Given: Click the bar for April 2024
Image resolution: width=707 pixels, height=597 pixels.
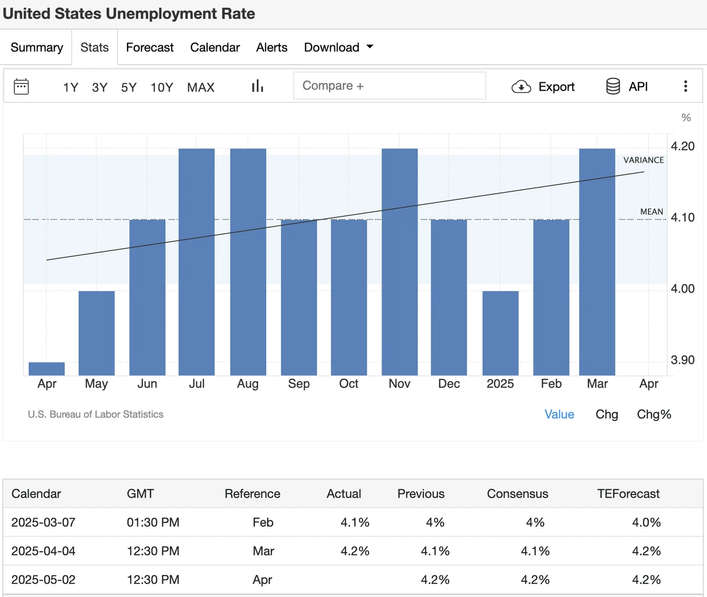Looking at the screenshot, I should click(x=47, y=369).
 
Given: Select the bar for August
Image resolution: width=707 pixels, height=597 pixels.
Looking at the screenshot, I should click(x=248, y=262).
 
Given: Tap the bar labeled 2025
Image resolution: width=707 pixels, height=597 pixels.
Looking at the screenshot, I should click(x=500, y=333).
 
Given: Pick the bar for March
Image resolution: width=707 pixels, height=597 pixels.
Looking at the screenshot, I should click(x=597, y=262).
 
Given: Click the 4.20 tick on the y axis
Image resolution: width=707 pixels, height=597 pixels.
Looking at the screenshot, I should click(x=682, y=146).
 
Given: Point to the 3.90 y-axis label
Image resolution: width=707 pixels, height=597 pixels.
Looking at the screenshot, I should click(x=682, y=360).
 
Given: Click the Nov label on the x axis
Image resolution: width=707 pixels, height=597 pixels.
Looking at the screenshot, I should click(x=399, y=384).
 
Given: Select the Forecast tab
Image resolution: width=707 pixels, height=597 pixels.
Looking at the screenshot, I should click(x=150, y=47).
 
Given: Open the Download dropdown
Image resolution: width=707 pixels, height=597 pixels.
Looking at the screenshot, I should click(x=338, y=47).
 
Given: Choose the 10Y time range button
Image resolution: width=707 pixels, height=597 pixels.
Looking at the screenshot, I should click(x=162, y=87).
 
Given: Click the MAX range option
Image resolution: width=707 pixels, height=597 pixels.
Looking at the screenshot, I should click(x=201, y=87).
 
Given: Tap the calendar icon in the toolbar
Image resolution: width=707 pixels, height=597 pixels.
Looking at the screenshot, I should click(x=22, y=87).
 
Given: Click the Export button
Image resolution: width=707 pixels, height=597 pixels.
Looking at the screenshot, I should click(x=544, y=87).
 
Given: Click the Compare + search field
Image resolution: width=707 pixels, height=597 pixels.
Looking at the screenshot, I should click(x=389, y=86).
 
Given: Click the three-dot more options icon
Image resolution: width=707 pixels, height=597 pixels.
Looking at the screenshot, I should click(x=685, y=86).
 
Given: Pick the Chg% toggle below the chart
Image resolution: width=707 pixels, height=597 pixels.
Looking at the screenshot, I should click(x=654, y=414).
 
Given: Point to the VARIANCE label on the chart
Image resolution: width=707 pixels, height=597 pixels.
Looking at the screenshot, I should click(x=643, y=160).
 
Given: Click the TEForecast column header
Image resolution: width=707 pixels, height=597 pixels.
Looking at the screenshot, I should click(x=628, y=494).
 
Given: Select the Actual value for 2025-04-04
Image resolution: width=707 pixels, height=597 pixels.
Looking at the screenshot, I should click(x=355, y=551).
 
